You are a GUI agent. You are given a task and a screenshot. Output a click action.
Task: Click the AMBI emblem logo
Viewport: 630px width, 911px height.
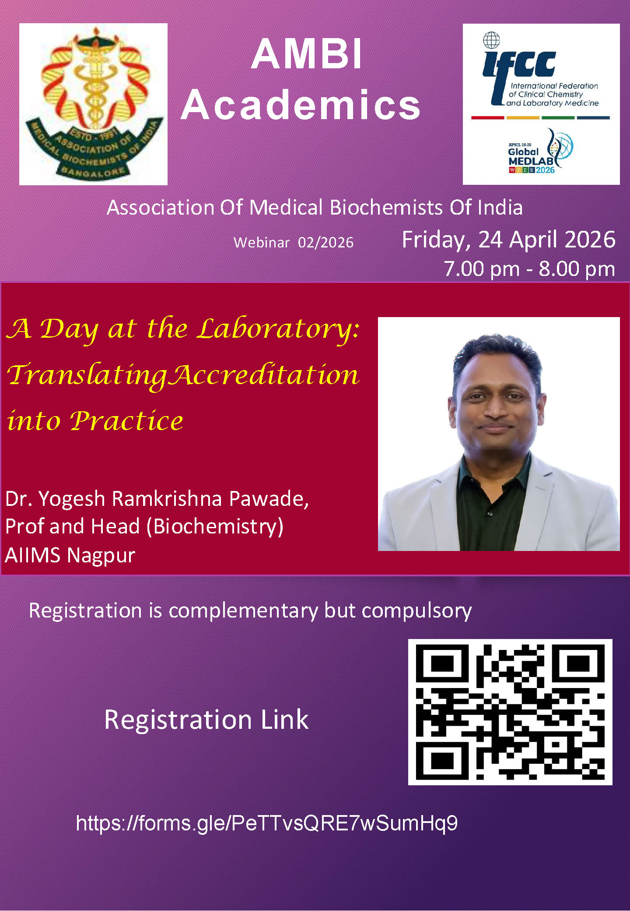pyautogui.click(x=94, y=104)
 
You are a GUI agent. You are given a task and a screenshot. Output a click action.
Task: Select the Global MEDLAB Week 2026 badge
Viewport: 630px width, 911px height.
pyautogui.click(x=541, y=152)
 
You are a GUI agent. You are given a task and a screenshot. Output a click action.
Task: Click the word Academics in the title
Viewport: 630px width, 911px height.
pyautogui.click(x=301, y=105)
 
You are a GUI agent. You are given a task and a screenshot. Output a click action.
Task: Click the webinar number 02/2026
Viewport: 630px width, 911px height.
pyautogui.click(x=326, y=243)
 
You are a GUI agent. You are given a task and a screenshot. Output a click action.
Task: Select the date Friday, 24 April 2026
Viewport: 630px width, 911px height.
pyautogui.click(x=509, y=240)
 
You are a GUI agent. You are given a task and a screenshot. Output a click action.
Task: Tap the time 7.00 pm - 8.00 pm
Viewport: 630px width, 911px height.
pyautogui.click(x=530, y=268)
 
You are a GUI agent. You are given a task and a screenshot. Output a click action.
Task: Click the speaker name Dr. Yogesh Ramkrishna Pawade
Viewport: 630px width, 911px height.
pyautogui.click(x=157, y=499)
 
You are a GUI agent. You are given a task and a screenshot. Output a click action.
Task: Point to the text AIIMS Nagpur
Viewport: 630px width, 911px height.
pyautogui.click(x=70, y=555)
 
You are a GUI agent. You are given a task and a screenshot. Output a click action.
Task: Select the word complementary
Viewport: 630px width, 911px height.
pyautogui.click(x=244, y=611)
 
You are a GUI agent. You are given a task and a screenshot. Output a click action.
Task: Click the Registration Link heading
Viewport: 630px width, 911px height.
pyautogui.click(x=206, y=720)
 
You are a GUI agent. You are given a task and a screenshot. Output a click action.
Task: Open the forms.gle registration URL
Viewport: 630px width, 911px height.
pyautogui.click(x=267, y=823)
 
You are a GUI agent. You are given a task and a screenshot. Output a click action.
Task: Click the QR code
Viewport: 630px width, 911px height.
pyautogui.click(x=510, y=712)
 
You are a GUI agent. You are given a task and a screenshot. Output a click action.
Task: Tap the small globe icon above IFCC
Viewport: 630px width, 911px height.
pyautogui.click(x=491, y=40)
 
